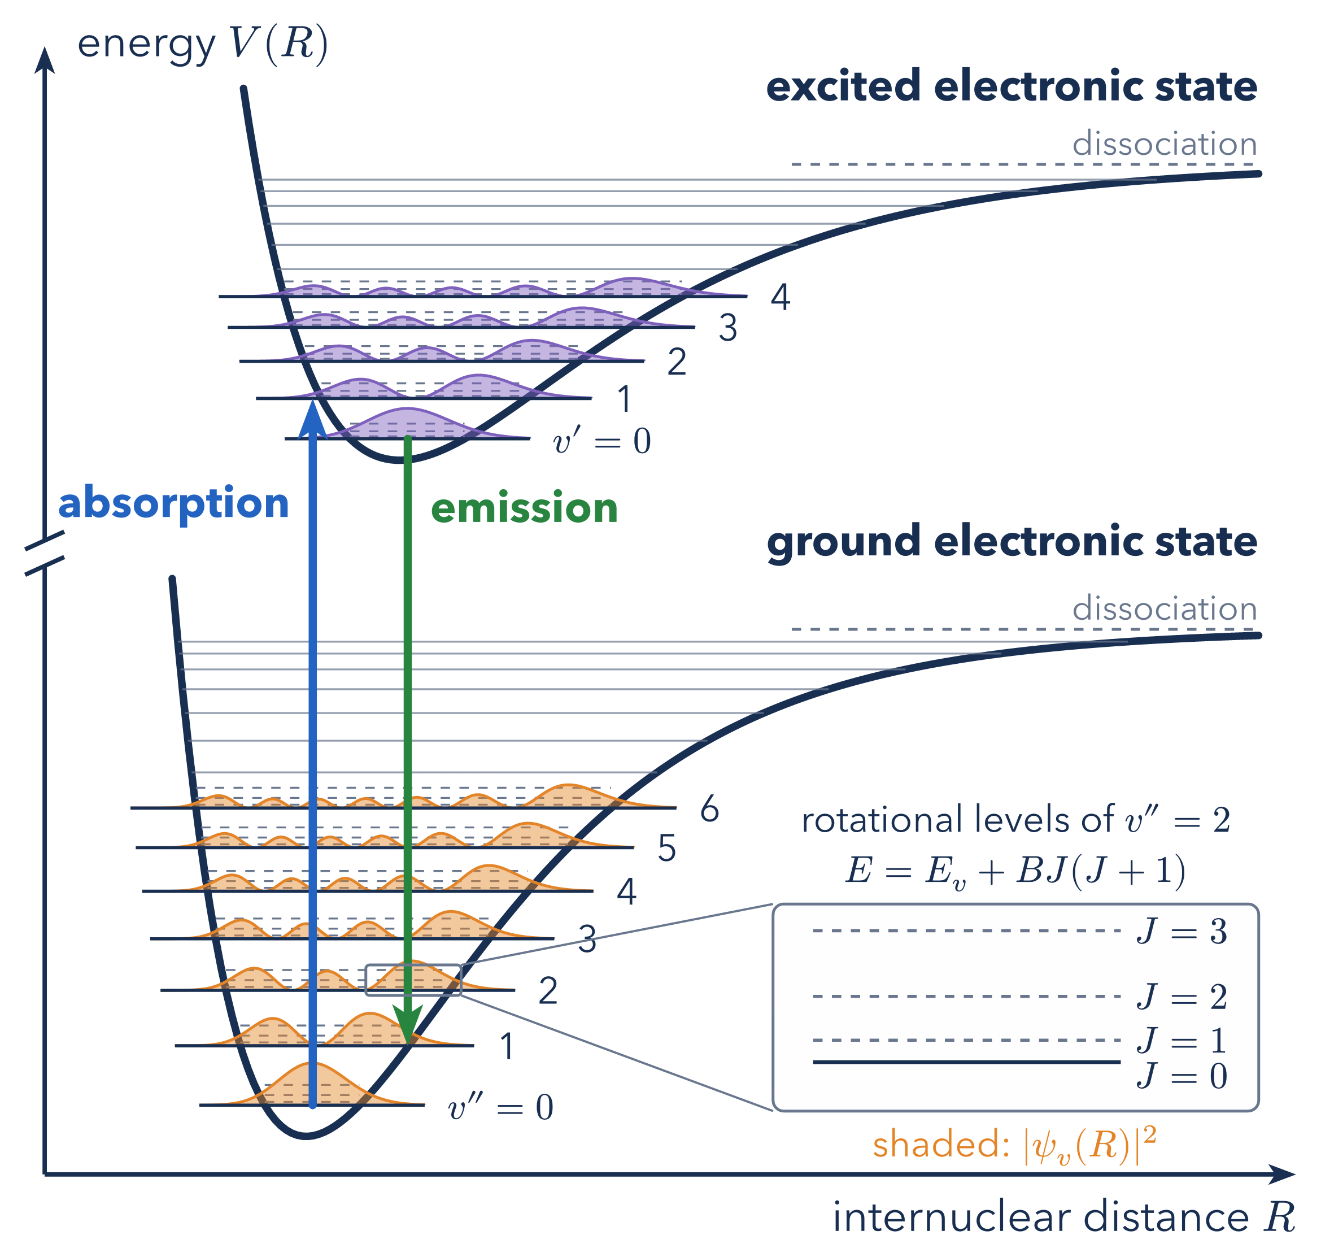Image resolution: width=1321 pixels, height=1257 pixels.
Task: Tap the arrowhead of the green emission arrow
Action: tap(407, 1026)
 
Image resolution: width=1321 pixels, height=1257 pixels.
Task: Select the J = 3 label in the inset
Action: tap(1182, 932)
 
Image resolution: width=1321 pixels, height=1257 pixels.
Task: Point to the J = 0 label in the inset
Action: tap(1182, 1076)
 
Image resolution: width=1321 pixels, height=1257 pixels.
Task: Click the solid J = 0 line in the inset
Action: tap(967, 1062)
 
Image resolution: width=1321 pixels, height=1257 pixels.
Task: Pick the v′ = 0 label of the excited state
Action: tap(601, 441)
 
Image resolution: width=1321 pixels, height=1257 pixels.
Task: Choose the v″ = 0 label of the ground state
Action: tap(500, 1106)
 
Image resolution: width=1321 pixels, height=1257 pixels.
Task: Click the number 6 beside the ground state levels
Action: tap(709, 810)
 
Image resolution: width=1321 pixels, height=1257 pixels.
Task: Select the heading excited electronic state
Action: tap(1012, 86)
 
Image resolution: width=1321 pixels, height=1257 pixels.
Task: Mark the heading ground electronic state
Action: tap(1012, 541)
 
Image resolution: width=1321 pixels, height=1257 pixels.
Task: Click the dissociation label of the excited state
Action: tap(1164, 143)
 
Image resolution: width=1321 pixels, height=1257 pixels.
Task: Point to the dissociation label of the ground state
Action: tap(1164, 608)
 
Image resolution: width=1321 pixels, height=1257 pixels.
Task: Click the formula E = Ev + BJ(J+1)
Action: tap(1015, 871)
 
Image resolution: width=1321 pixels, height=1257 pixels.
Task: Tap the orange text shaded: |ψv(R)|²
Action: tap(1014, 1145)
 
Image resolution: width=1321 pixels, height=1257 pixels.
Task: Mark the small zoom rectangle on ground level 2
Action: tap(413, 965)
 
